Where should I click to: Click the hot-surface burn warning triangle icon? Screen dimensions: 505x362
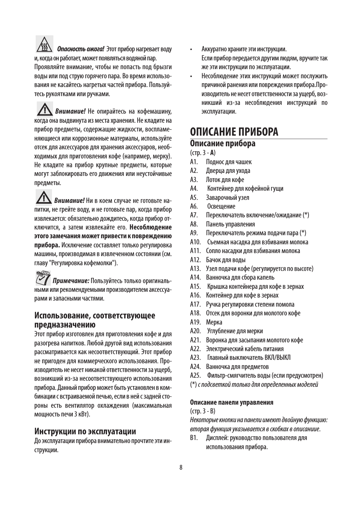pyautogui.click(x=44, y=44)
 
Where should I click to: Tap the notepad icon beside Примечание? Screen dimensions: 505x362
pyautogui.click(x=43, y=278)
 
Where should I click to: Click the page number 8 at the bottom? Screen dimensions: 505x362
pyautogui.click(x=181, y=467)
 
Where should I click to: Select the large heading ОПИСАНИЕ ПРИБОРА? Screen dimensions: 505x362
pyautogui.click(x=234, y=131)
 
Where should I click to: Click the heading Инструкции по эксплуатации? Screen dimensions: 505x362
pyautogui.click(x=85, y=431)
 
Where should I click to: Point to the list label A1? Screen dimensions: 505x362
pyautogui.click(x=194, y=162)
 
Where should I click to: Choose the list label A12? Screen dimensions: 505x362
pyautogui.click(x=195, y=260)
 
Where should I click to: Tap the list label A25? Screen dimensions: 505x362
pyautogui.click(x=195, y=375)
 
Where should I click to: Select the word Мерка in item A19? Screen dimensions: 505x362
pyautogui.click(x=214, y=322)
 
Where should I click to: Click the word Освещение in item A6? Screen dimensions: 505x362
pyautogui.click(x=221, y=206)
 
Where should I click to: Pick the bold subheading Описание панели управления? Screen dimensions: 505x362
pyautogui.click(x=231, y=402)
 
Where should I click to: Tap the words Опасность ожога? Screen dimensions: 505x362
pyautogui.click(x=80, y=49)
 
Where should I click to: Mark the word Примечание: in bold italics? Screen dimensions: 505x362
pyautogui.click(x=71, y=281)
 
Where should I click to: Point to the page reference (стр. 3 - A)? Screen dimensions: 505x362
pyautogui.click(x=203, y=153)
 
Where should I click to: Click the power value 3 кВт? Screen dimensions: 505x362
pyautogui.click(x=82, y=414)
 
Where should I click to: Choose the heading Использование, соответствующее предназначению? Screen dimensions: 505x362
pyautogui.click(x=94, y=320)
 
